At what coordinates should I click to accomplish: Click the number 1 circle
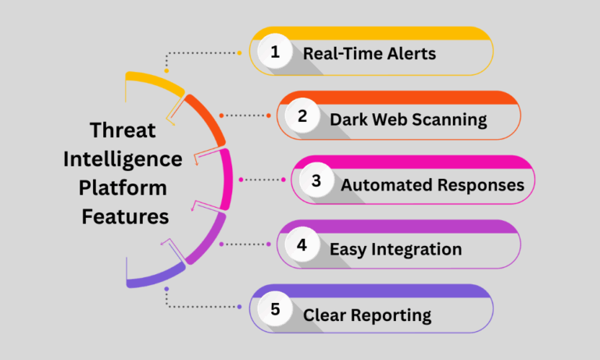pos(274,53)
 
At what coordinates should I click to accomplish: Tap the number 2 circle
pos(302,117)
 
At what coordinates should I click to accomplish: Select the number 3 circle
pos(316,181)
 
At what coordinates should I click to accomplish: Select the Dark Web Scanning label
pos(408,119)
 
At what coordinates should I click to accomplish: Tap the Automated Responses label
pos(432,185)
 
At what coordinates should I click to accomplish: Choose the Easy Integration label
pos(395,249)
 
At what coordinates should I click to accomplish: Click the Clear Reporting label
pos(367,315)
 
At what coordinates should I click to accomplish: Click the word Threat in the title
pos(123,130)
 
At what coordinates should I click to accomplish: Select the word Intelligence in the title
pos(123,159)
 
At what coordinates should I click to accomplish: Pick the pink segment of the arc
pos(227,178)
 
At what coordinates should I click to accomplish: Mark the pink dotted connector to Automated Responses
pos(263,180)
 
